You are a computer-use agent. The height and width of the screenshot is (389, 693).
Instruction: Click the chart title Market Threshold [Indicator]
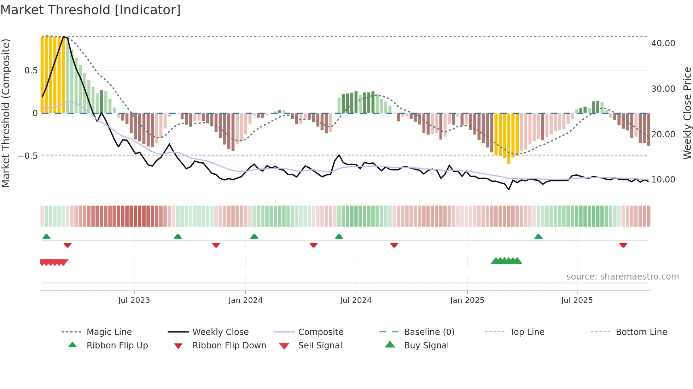tap(91, 10)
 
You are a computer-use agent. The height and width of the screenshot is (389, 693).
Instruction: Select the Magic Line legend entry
tap(109, 332)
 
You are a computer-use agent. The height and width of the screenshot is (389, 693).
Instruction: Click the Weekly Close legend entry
tap(220, 332)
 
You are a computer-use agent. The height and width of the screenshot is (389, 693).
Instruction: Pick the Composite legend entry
tap(320, 332)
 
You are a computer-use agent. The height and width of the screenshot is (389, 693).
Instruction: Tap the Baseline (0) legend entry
tap(429, 332)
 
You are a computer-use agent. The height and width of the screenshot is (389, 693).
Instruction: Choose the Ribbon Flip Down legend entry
tap(229, 346)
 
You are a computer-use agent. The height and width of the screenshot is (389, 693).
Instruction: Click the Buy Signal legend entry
tap(426, 346)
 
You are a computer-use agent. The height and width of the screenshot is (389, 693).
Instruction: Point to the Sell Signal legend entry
tap(320, 346)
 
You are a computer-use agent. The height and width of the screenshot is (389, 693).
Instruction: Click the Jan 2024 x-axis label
tap(245, 300)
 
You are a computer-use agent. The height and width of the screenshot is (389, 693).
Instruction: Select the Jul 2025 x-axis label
tap(577, 300)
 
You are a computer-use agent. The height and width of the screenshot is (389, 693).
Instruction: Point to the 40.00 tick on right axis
tap(663, 43)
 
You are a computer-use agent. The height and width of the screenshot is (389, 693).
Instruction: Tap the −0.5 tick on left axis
tap(28, 156)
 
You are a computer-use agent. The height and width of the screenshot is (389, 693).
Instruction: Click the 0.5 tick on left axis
tap(31, 71)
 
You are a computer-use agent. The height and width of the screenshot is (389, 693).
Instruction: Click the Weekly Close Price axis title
tap(687, 113)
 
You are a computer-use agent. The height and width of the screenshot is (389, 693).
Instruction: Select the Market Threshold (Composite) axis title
tap(6, 113)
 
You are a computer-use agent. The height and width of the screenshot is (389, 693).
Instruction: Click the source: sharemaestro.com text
tap(622, 277)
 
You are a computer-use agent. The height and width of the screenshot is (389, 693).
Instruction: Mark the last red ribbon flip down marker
tap(623, 245)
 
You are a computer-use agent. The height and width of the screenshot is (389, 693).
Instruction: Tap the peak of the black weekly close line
tap(64, 37)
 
